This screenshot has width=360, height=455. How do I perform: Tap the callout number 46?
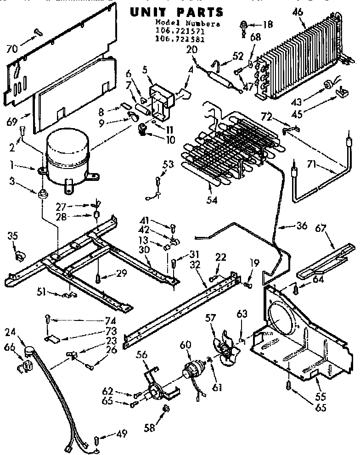tap(298, 12)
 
